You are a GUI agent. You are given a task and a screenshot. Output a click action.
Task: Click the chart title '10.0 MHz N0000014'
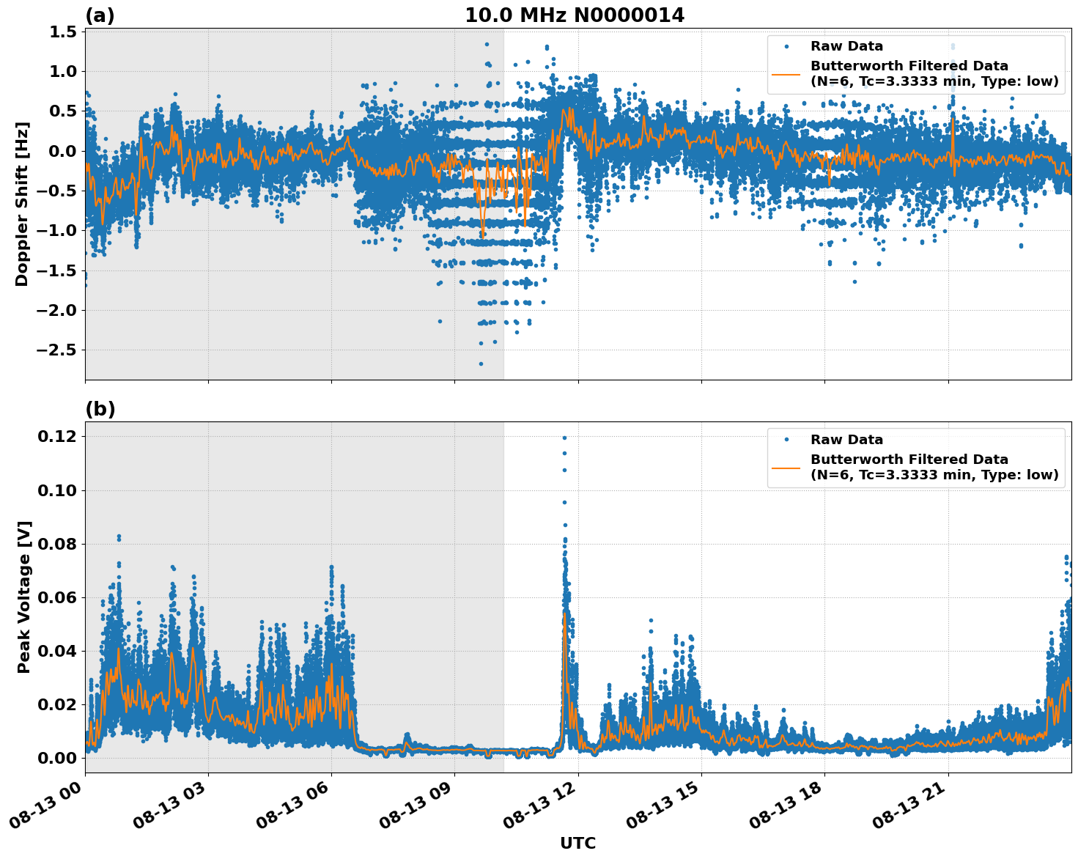point(574,15)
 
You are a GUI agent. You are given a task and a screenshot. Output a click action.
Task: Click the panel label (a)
point(100,15)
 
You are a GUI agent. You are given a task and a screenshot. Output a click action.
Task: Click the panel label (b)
point(100,409)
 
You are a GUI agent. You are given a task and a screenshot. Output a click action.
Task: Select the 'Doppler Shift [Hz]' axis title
point(22,204)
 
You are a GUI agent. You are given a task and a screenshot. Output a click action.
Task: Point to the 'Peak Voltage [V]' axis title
point(23,613)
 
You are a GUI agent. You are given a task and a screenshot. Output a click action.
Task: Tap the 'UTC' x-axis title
point(577,843)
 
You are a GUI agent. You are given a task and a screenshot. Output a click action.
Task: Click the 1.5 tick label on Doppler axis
point(63,32)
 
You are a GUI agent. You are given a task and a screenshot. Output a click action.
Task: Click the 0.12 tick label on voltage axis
point(56,437)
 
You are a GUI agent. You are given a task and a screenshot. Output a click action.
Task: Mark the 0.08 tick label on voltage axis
point(56,544)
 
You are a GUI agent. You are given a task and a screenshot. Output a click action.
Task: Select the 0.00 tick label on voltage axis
point(56,758)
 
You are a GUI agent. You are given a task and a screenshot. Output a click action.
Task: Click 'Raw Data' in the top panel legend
point(846,46)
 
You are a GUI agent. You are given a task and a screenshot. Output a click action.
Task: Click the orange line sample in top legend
point(786,74)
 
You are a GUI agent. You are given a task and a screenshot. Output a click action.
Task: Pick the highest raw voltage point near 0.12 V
point(564,438)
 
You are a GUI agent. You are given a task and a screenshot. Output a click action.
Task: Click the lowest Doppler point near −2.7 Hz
point(481,364)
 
